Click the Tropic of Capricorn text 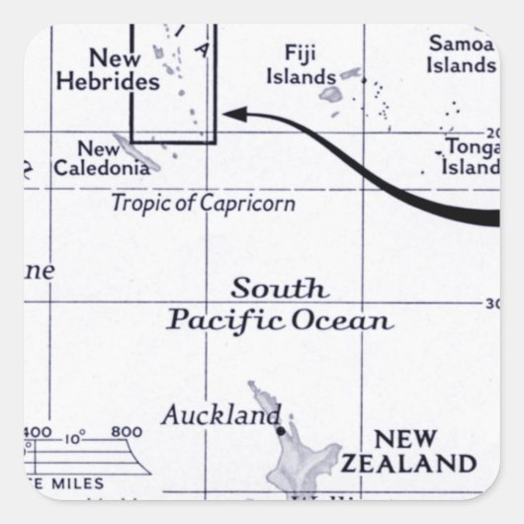pyautogui.click(x=203, y=204)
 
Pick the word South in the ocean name pyautogui.click(x=279, y=290)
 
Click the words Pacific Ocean pyautogui.click(x=280, y=320)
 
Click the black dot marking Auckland pyautogui.click(x=280, y=431)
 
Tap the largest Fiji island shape pyautogui.click(x=330, y=95)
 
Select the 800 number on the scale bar pyautogui.click(x=127, y=432)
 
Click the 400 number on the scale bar pyautogui.click(x=40, y=432)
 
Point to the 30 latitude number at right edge pyautogui.click(x=491, y=304)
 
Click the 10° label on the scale pyautogui.click(x=77, y=435)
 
